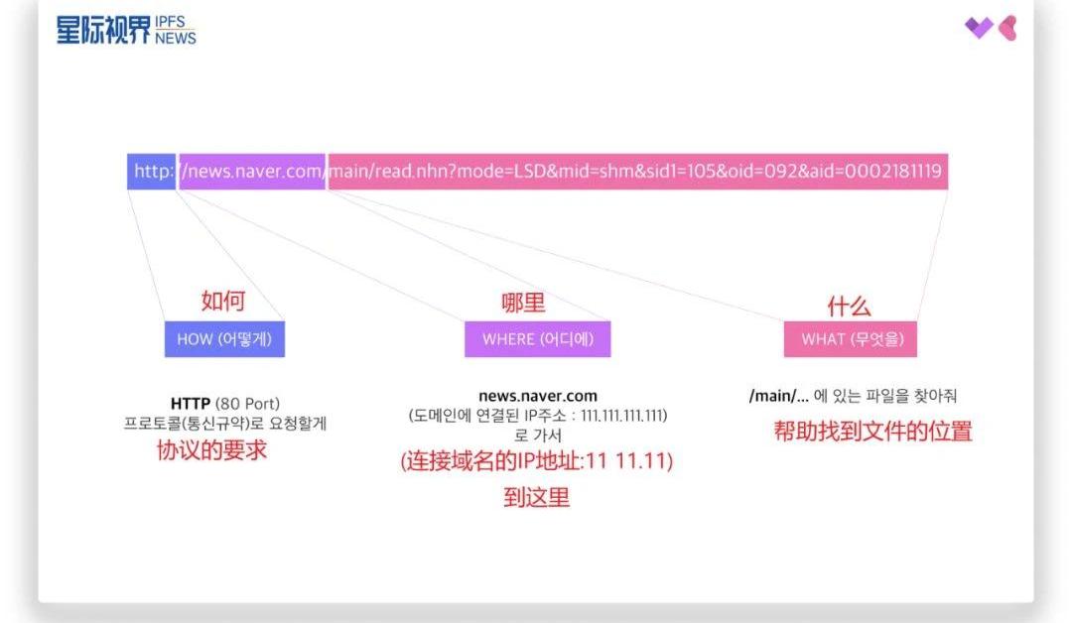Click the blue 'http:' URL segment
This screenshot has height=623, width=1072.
(152, 172)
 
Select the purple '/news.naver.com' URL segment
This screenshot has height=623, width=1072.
(252, 172)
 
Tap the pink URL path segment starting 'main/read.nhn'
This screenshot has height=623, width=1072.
(635, 172)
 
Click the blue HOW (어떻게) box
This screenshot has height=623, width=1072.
(224, 339)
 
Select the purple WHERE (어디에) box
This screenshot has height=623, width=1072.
(537, 339)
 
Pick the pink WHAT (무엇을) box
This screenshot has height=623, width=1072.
(850, 339)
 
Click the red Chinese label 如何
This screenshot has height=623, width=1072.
(223, 301)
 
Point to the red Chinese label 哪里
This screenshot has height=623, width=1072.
(523, 303)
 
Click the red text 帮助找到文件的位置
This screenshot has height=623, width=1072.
(872, 432)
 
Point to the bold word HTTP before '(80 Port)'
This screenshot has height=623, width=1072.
(191, 404)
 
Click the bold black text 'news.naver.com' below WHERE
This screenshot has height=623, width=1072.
(538, 396)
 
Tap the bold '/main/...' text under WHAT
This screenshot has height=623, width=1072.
(778, 396)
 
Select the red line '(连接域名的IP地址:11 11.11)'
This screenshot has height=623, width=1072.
(537, 461)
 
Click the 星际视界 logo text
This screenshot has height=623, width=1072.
(104, 31)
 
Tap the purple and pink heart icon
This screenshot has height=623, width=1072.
(991, 28)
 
